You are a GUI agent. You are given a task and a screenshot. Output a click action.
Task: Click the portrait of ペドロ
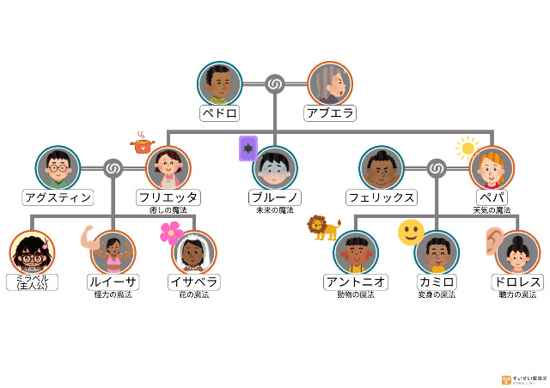[220, 83]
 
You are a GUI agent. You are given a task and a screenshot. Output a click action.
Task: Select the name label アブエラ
[330, 113]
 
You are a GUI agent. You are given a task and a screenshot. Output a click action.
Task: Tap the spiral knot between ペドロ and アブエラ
[275, 83]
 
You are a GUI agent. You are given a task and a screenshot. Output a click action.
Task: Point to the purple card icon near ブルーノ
[247, 149]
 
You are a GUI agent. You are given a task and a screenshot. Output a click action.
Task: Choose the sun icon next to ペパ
[467, 148]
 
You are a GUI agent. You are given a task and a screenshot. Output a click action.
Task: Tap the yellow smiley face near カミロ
[411, 232]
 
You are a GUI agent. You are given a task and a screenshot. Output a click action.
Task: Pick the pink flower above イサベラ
[171, 232]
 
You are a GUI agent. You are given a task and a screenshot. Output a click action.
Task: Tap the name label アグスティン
[58, 197]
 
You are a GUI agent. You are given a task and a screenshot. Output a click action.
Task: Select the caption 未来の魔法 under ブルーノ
[274, 210]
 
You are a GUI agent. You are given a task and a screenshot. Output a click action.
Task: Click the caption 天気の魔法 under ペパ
[492, 210]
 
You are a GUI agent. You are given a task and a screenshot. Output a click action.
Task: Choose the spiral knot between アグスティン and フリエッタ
[113, 167]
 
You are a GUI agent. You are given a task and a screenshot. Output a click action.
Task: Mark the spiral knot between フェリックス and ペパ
[437, 167]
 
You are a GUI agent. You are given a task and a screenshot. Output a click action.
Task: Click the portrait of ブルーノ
[275, 167]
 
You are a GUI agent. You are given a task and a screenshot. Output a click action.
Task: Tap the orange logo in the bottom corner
[506, 379]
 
